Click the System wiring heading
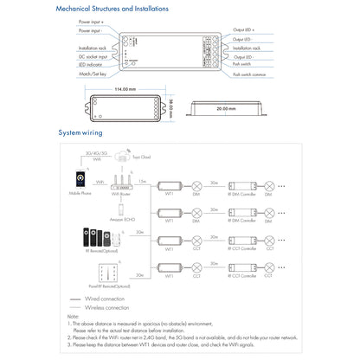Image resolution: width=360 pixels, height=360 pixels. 80,134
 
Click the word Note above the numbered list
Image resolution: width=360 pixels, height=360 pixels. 73,316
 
